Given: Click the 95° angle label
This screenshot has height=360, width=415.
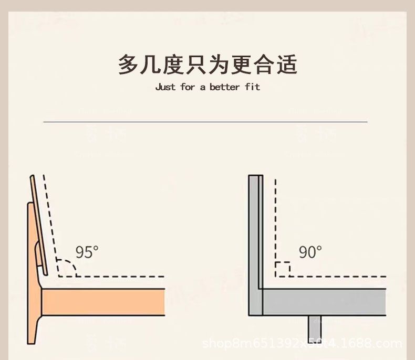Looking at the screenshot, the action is pyautogui.click(x=87, y=252).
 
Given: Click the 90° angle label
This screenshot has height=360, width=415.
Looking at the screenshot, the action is pyautogui.click(x=310, y=252).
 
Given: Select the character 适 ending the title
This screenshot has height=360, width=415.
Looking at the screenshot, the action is pyautogui.click(x=286, y=65).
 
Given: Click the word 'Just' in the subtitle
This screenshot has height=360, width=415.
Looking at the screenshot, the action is pyautogui.click(x=165, y=87).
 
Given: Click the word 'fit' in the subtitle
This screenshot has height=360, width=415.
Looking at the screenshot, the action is pyautogui.click(x=252, y=87).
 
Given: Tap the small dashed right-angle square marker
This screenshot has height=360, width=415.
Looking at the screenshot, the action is pyautogui.click(x=282, y=269).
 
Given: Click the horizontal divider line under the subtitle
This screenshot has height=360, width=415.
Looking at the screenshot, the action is pyautogui.click(x=205, y=122).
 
